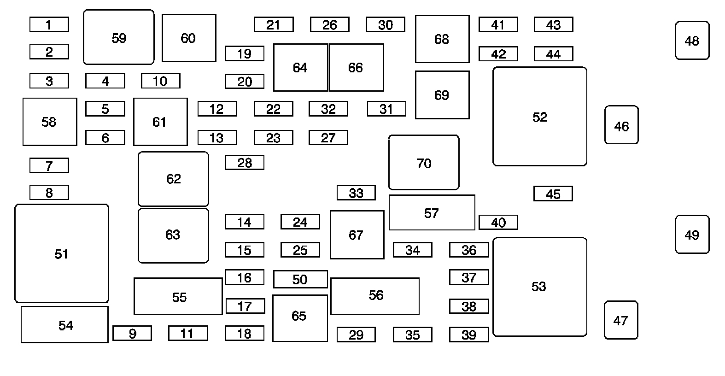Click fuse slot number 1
[49, 24]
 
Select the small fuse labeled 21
[274, 24]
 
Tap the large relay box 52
[540, 117]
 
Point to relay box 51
[62, 253]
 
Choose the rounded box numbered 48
[692, 41]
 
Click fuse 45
[553, 194]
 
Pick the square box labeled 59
[119, 37]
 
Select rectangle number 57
[432, 212]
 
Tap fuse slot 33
[356, 193]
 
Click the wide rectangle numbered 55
[178, 296]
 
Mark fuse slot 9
[132, 333]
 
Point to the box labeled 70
[424, 163]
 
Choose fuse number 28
[245, 162]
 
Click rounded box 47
[621, 320]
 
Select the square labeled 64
[300, 68]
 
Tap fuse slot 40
[498, 222]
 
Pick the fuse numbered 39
[469, 335]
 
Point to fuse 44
[553, 54]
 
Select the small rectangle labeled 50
[300, 279]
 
